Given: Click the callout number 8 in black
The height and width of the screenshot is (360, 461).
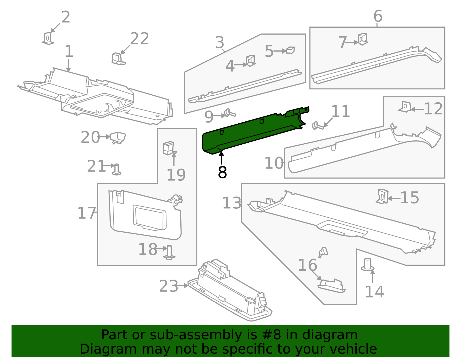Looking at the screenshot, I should (x=222, y=172).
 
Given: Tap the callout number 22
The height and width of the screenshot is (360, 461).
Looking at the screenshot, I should (x=139, y=39).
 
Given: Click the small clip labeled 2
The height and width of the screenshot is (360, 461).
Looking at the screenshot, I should (x=48, y=38).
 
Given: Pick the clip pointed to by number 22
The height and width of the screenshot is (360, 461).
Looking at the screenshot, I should (x=118, y=59).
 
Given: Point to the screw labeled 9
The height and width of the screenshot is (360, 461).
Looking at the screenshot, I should (x=230, y=113).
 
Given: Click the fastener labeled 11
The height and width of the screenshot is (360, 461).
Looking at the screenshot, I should (x=317, y=126).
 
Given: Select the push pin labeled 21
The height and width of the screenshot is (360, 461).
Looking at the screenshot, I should (x=116, y=170).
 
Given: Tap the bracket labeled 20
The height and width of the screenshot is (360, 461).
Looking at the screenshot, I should (x=118, y=137).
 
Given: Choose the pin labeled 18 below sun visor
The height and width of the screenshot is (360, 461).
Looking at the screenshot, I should (x=169, y=252).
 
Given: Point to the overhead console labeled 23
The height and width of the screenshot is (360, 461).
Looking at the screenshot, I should (x=231, y=291).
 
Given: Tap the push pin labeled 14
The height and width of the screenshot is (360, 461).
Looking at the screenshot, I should (x=368, y=265).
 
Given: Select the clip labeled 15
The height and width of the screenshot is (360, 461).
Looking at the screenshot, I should (x=383, y=197).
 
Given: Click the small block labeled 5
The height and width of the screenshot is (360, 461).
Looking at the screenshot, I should (x=290, y=50).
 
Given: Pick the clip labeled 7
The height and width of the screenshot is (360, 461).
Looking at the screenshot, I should (x=362, y=39).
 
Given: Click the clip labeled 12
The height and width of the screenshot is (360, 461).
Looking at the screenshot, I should (x=405, y=107).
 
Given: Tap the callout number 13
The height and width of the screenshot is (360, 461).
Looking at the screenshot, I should (x=232, y=203).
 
